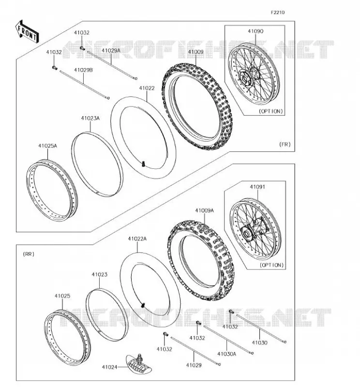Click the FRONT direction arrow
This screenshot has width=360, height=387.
[x=27, y=32]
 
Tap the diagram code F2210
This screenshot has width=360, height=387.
[x=278, y=13]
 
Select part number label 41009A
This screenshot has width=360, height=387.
[x=205, y=210]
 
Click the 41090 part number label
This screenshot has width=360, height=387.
[x=255, y=31]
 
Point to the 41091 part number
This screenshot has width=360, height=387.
[x=257, y=187]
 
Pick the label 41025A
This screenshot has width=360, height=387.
[x=47, y=146]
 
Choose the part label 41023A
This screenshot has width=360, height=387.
[x=90, y=118]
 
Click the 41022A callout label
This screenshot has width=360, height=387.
[x=137, y=238]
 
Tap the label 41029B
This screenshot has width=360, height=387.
[x=83, y=70]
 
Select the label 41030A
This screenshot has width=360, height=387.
[x=226, y=354]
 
